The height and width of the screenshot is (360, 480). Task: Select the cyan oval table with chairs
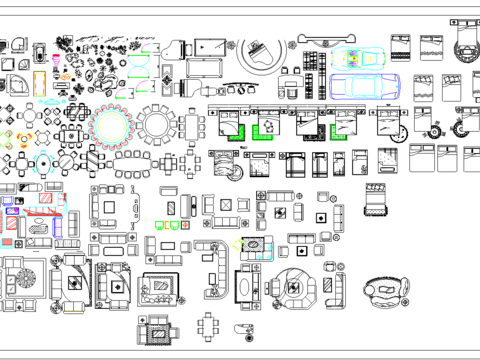[x=109, y=125]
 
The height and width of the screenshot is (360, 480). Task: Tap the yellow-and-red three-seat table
[x=8, y=137]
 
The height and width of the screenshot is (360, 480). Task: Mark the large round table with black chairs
[x=158, y=124]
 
